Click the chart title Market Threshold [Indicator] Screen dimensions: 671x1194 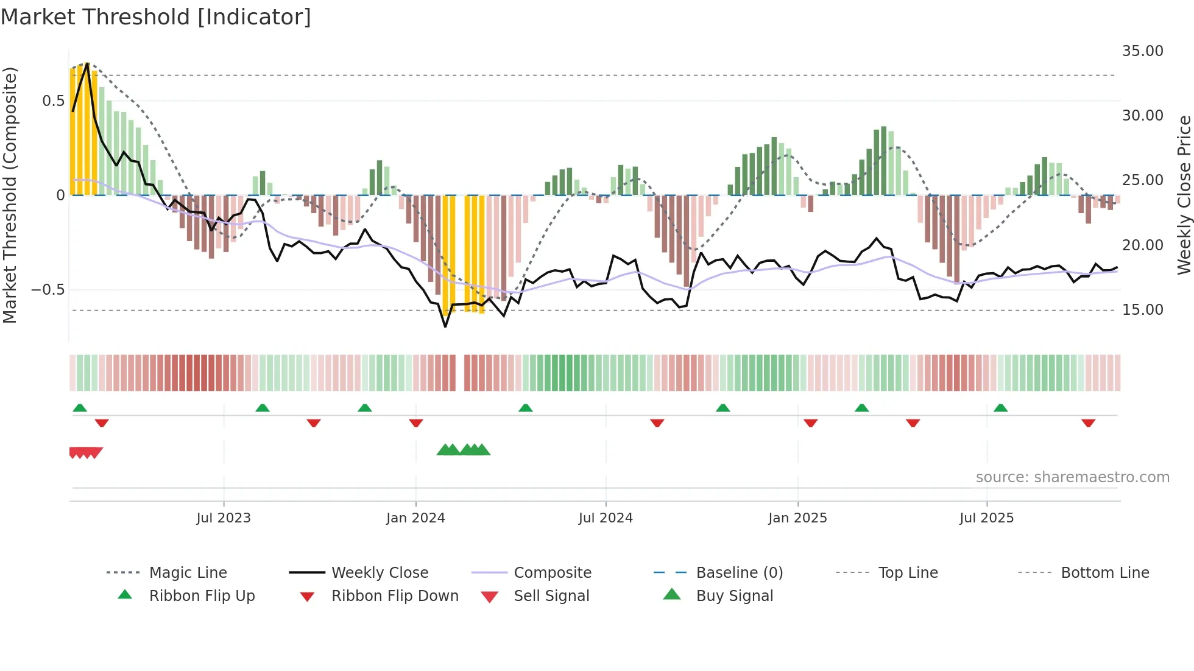coord(156,17)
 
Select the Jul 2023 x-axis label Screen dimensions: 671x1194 coord(224,518)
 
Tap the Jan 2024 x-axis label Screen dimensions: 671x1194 coord(415,518)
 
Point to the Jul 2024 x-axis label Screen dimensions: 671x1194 coord(606,518)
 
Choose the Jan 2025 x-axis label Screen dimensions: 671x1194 coord(797,518)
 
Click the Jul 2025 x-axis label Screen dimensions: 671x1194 coord(986,518)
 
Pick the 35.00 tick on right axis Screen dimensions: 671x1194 coord(1142,51)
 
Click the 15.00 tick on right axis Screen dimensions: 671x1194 coord(1142,310)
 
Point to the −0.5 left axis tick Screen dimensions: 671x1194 coord(48,290)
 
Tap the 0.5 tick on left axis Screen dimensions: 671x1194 coord(53,101)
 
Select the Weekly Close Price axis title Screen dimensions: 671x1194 coord(1184,195)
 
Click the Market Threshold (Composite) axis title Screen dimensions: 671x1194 coord(10,195)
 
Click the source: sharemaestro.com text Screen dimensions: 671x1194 coord(1072,477)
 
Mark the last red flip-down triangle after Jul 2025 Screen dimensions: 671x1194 coord(1088,423)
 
